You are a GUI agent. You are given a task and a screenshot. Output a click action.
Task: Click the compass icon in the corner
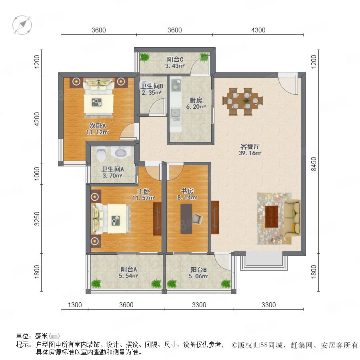[x=22, y=25]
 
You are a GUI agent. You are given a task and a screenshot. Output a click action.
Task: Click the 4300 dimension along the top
[x=258, y=30]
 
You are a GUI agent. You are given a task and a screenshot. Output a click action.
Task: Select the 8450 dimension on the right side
[x=314, y=164]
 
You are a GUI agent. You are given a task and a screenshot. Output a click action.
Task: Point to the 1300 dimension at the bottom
[x=75, y=305]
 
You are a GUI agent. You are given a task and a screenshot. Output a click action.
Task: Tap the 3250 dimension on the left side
[x=37, y=218]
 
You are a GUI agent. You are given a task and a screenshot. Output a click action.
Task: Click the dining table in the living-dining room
[x=243, y=101]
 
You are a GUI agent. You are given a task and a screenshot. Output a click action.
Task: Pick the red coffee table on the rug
[x=272, y=217]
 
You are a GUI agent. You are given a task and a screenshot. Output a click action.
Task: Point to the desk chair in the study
[x=198, y=218]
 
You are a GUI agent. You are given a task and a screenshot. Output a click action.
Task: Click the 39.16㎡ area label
[x=250, y=153]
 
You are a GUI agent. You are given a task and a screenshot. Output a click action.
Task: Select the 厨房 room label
[x=196, y=100]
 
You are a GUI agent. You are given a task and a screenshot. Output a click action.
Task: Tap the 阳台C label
[x=175, y=60]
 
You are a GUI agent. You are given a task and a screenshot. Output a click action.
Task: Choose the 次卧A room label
[x=97, y=126]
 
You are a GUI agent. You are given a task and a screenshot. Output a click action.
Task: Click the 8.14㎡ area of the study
[x=187, y=198]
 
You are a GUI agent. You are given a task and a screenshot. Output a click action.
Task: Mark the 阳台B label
[x=198, y=270]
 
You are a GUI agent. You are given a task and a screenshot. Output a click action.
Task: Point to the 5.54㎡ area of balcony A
[x=128, y=276]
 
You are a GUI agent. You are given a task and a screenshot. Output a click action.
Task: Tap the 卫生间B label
[x=152, y=86]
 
